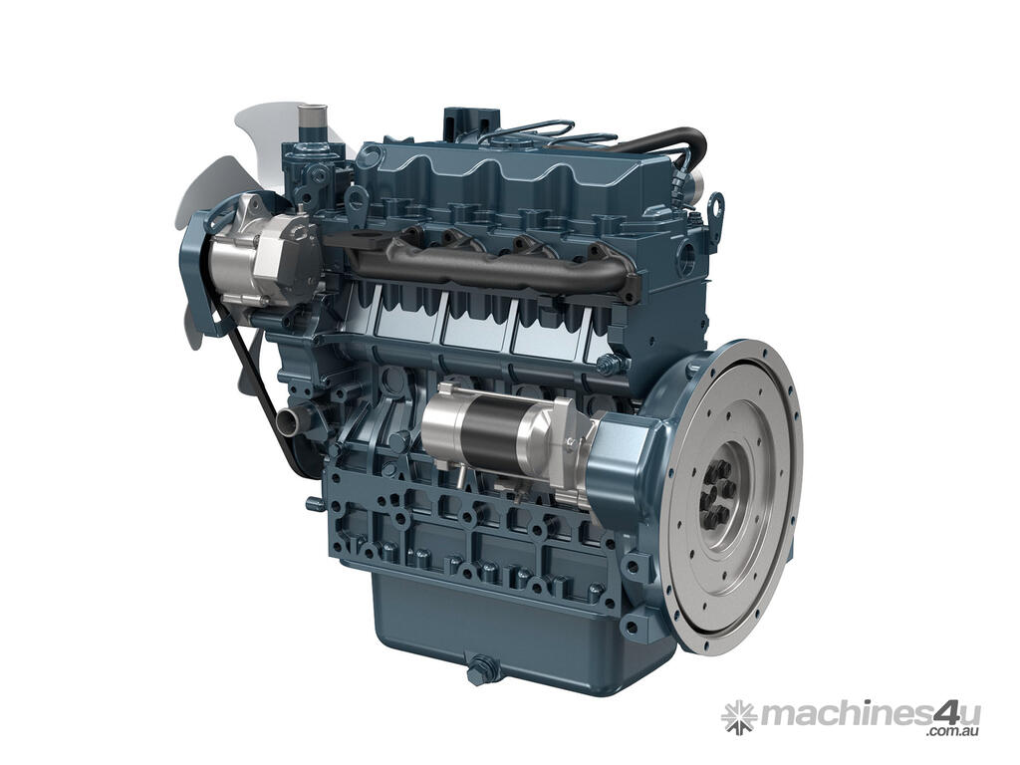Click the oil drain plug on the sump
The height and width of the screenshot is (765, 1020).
(481, 666)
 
